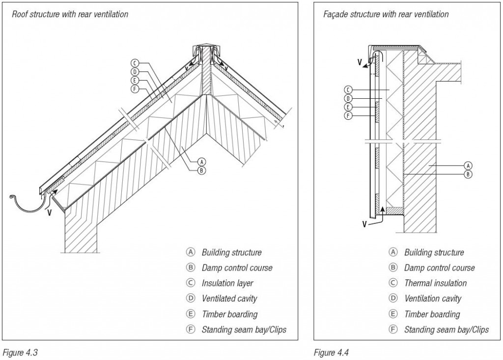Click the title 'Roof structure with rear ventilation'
(70, 14)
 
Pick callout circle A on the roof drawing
(201, 161)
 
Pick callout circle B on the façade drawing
(468, 174)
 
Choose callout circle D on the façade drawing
(348, 98)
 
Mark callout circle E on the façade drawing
(348, 107)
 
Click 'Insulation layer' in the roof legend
(227, 283)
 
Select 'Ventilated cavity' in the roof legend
(229, 299)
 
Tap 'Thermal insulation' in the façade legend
(435, 283)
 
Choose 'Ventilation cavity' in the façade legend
(433, 299)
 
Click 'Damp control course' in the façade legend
(439, 268)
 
